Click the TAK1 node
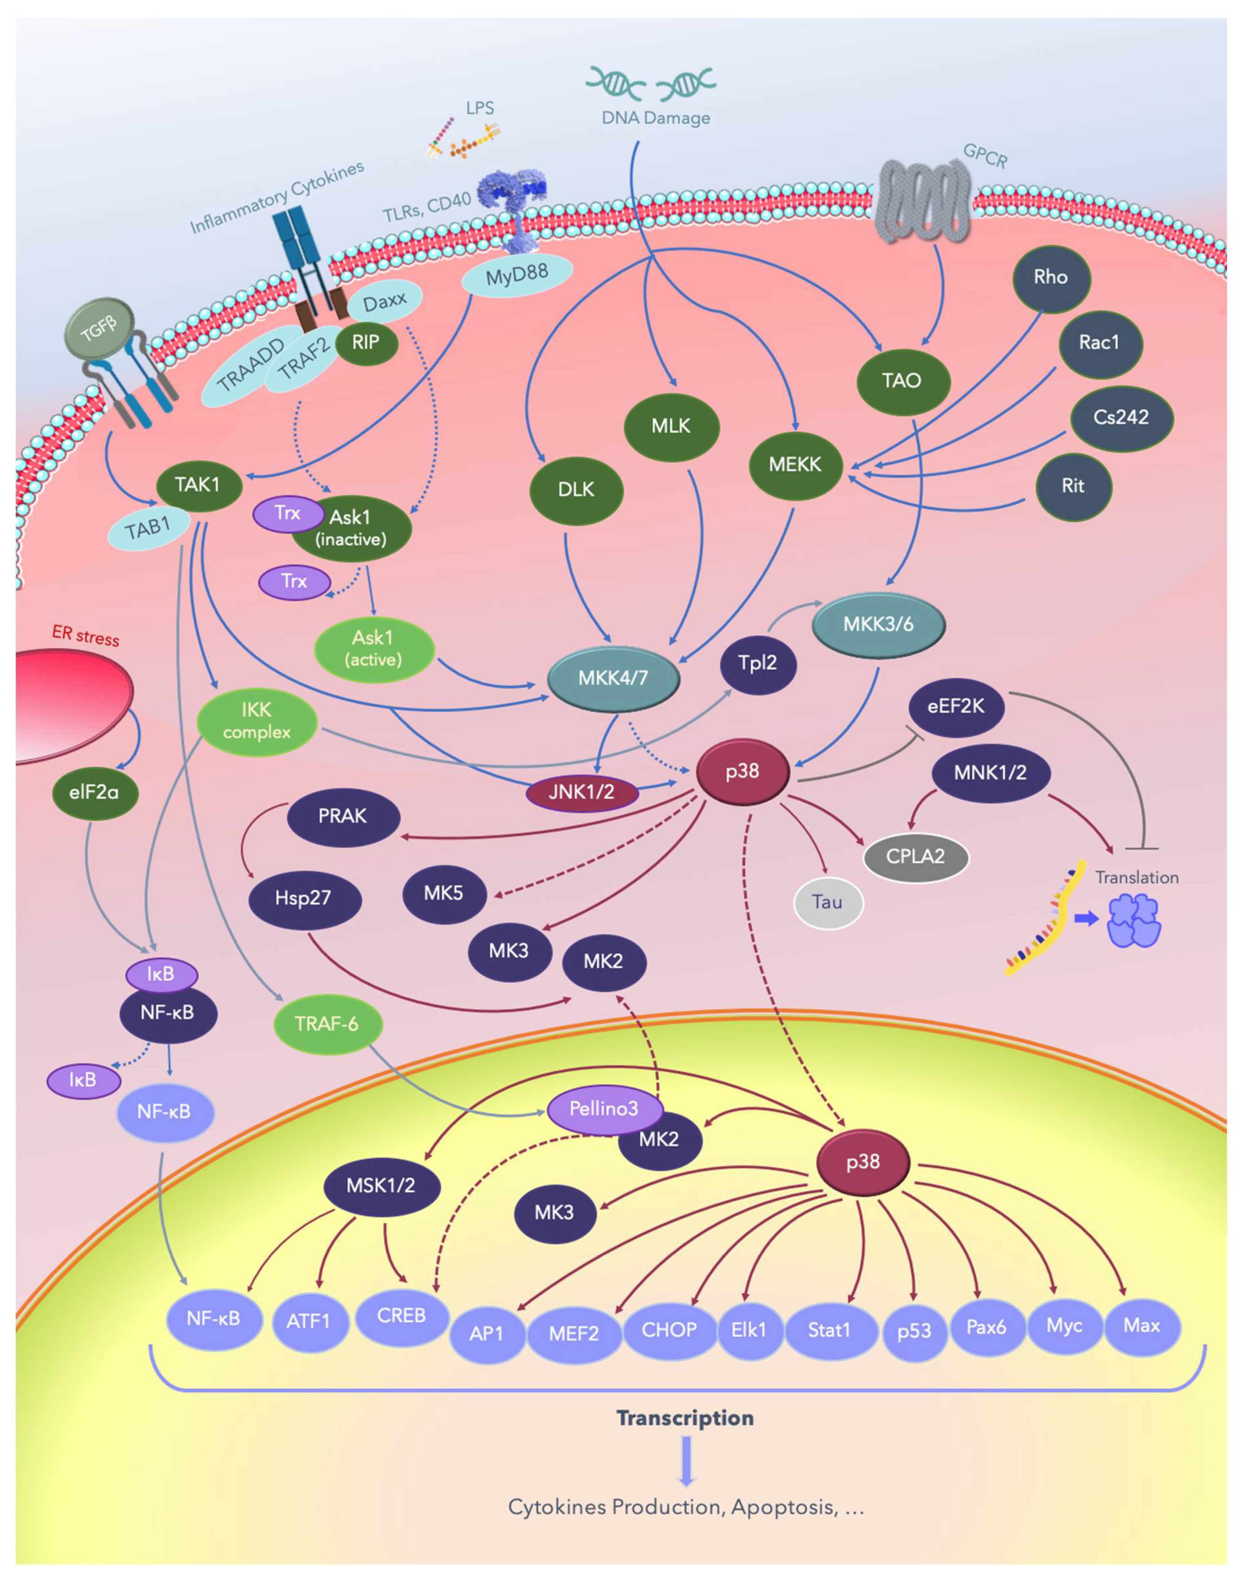199,485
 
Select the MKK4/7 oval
613,678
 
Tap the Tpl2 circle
758,663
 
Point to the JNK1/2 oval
582,792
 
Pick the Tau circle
828,902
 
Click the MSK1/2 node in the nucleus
381,1185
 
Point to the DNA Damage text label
656,118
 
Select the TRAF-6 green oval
328,1024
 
